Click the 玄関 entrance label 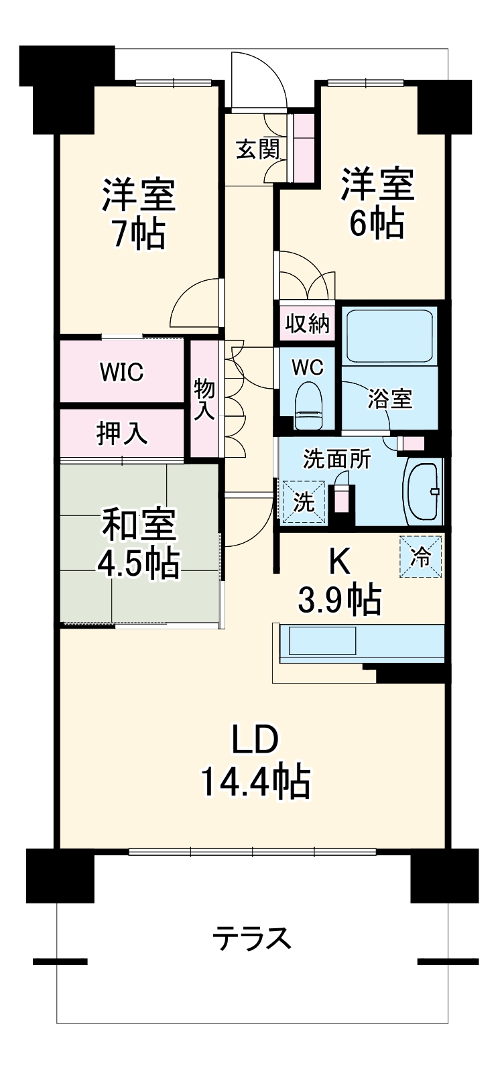pos(257,149)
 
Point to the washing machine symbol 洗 pos(304,501)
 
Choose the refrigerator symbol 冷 pos(421,556)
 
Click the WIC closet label pos(121,371)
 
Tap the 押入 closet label pos(121,433)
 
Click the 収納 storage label pos(308,324)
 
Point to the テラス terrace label pos(252,938)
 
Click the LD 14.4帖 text pos(255,761)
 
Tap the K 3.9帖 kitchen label pos(339,582)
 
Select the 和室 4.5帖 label pos(139,544)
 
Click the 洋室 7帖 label pos(139,214)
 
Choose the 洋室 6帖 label pos(377,203)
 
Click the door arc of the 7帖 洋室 pos(194,303)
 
